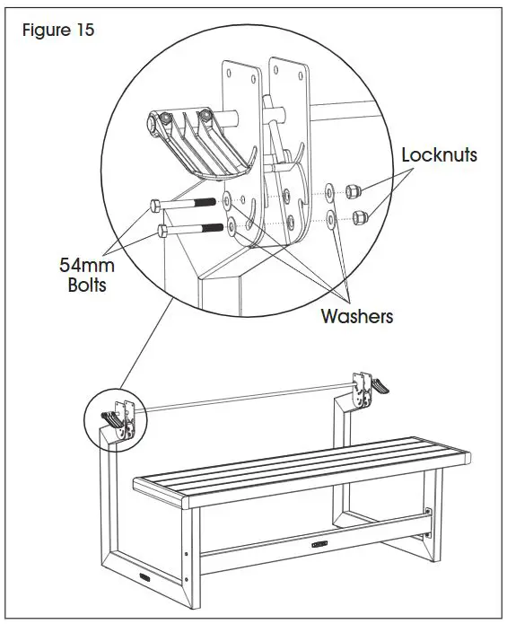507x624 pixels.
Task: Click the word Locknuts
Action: [x=439, y=154]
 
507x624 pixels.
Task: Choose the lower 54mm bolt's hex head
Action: [x=162, y=231]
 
